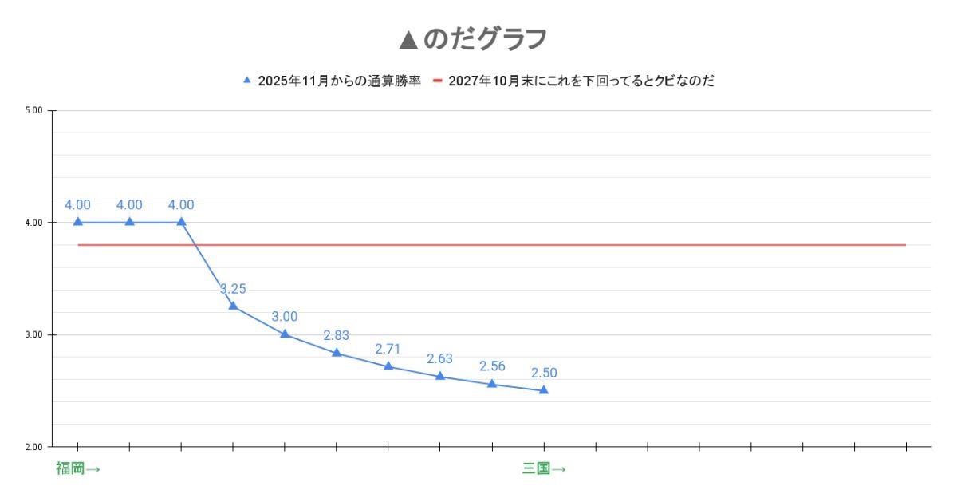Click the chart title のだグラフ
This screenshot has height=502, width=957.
[485, 38]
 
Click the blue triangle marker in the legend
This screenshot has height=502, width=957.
[247, 80]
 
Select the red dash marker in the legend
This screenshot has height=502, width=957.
[437, 81]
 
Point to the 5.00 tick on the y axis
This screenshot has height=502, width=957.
[33, 110]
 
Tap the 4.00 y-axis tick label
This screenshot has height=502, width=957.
[33, 223]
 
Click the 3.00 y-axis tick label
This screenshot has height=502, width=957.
[33, 334]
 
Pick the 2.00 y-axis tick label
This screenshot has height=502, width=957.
[33, 446]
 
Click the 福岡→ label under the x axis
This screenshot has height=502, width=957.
[77, 468]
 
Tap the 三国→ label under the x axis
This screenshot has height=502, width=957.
[544, 468]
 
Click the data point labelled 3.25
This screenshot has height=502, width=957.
[233, 306]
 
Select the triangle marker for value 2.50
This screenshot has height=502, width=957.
[544, 389]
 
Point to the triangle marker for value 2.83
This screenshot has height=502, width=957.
[337, 352]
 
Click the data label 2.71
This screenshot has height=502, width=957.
[388, 349]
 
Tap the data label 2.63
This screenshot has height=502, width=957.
[439, 358]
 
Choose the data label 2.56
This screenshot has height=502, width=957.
[492, 366]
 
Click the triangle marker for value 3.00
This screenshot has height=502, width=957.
[285, 334]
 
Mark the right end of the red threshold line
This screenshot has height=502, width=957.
[905, 245]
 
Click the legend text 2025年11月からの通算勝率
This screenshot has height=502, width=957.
[339, 81]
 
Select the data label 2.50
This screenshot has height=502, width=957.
[544, 373]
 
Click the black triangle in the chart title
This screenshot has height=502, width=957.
[408, 38]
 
